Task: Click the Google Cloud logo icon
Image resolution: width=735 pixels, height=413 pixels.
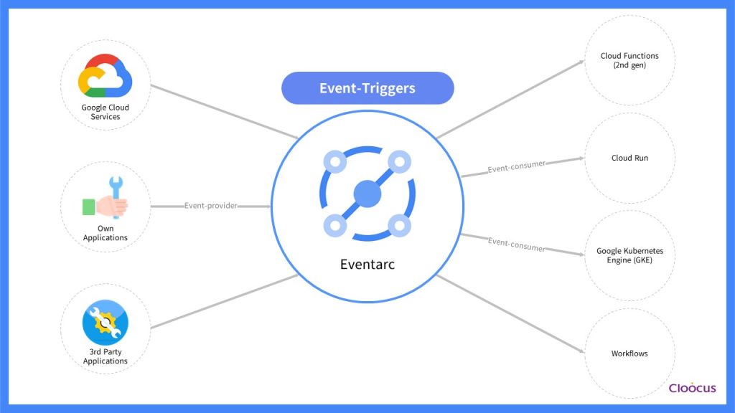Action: [x=105, y=76]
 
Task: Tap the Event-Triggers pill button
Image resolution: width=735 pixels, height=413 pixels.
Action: [x=367, y=88]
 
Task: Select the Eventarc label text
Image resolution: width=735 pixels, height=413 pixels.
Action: [x=367, y=265]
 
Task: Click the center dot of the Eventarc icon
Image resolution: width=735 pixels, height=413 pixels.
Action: [x=367, y=194]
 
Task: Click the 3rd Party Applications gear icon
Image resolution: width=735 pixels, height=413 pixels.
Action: [x=106, y=323]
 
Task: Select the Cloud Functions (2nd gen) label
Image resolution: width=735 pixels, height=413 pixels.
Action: [x=629, y=60]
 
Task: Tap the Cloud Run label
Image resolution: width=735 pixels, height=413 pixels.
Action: [x=629, y=158]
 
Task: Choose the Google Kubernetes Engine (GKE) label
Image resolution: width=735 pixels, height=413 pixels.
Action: [x=629, y=256]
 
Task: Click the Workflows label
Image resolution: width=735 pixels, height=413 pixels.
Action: [x=629, y=353]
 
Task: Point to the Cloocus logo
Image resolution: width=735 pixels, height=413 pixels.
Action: [x=692, y=388]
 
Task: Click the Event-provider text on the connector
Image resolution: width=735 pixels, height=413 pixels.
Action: [x=211, y=206]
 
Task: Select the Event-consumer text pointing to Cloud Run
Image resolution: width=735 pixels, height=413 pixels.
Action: [x=516, y=167]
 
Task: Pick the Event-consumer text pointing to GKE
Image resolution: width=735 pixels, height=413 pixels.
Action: [x=516, y=245]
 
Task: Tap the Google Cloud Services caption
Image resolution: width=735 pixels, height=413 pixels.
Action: [x=106, y=113]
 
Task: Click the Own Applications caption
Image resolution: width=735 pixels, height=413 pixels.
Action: [x=106, y=234]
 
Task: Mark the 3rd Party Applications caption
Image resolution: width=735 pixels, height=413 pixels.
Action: [x=106, y=357]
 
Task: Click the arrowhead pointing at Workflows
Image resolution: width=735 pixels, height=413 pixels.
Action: [x=580, y=351]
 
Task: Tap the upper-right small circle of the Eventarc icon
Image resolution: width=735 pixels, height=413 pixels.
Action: [x=399, y=161]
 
